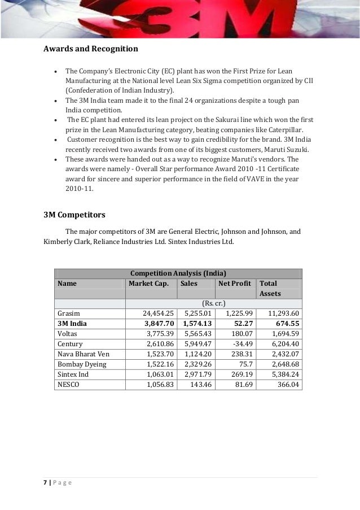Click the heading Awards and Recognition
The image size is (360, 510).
[x=91, y=49]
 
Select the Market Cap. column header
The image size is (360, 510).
[x=148, y=283]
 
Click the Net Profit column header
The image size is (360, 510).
[x=234, y=283]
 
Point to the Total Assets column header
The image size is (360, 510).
[x=269, y=288]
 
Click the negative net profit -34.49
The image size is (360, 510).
[x=242, y=344]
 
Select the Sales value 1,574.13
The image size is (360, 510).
[x=197, y=324]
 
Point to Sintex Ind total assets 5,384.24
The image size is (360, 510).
[x=283, y=374]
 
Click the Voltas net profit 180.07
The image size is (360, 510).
[x=240, y=334]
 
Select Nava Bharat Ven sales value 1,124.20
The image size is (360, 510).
[x=197, y=354]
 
